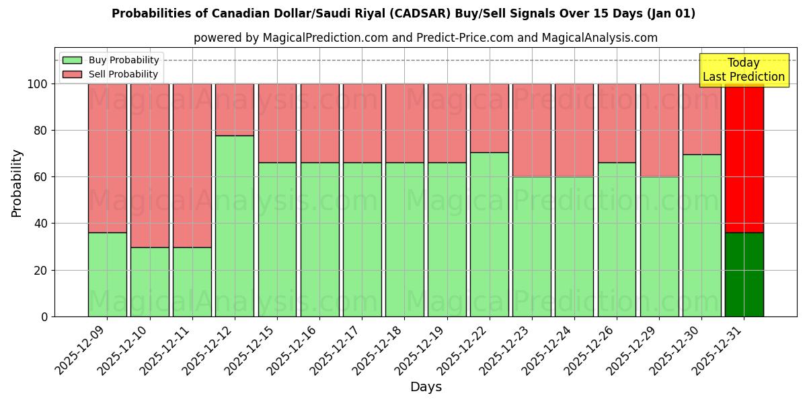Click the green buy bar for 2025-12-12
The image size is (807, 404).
235,226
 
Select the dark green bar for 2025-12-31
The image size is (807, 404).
744,275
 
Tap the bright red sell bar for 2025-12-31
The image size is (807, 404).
744,158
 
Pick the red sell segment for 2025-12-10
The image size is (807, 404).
150,166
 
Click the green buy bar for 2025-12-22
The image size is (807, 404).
489,234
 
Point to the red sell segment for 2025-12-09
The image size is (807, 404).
108,158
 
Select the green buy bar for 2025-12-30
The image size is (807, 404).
701,235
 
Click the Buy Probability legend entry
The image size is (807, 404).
111,60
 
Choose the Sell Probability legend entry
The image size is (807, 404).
111,74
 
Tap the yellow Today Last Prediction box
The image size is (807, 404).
743,70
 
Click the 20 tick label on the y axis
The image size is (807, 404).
42,270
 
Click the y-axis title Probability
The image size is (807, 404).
17,182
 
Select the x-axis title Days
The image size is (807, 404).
426,387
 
